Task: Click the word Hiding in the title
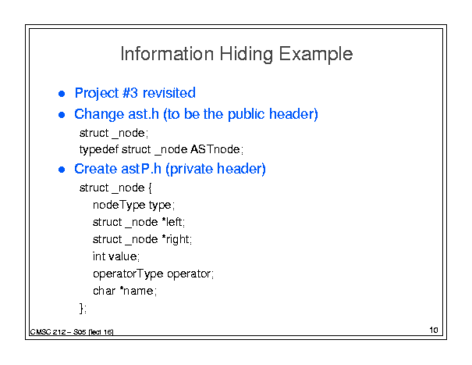[246, 54]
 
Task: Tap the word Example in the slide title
[315, 54]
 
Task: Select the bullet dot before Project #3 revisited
[62, 94]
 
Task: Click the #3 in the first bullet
[130, 93]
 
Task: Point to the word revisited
[169, 93]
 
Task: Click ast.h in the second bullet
[144, 114]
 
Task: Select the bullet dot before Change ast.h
[62, 115]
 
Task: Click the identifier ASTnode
[215, 149]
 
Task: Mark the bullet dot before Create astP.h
[62, 170]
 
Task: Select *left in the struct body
[172, 222]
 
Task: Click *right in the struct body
[176, 240]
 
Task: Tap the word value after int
[122, 256]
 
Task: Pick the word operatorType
[128, 274]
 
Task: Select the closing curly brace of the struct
[82, 308]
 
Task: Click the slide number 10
[434, 330]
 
